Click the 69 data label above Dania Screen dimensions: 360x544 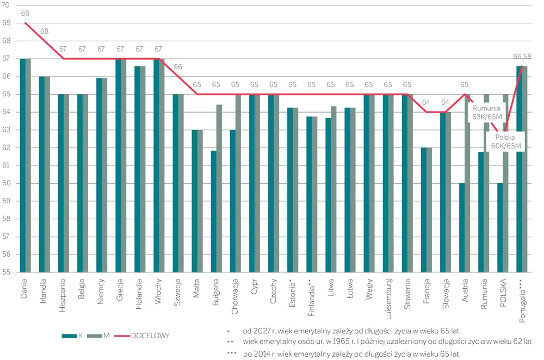pyautogui.click(x=25, y=13)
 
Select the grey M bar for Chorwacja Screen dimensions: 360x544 pyautogui.click(x=238, y=183)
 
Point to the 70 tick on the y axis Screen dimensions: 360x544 pyautogui.click(x=7, y=5)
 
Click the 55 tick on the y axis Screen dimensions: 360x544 pyautogui.click(x=7, y=272)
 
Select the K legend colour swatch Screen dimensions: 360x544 pyautogui.click(x=69, y=336)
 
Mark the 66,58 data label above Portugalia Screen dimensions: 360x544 pyautogui.click(x=522, y=56)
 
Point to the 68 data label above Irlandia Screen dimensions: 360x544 pyautogui.click(x=44, y=31)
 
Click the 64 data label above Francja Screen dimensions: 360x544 pyautogui.click(x=426, y=102)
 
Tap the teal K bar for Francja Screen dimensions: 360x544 pyautogui.click(x=424, y=209)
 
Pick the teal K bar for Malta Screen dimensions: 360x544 pyautogui.click(x=195, y=201)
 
